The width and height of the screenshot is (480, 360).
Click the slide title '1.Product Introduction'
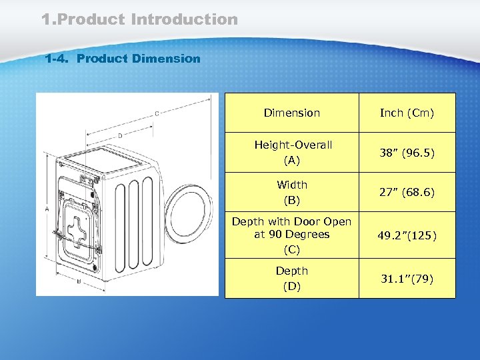pos(139,20)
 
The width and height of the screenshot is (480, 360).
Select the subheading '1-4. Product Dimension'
pos(122,59)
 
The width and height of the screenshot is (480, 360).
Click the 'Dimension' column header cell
pos(292,113)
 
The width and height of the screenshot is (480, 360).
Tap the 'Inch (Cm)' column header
pos(407,113)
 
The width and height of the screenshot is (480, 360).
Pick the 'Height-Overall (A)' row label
pos(292,153)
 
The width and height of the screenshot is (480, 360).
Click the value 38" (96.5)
pos(407,153)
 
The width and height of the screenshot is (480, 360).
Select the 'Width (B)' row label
pos(292,192)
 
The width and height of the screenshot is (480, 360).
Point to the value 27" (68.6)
pos(407,192)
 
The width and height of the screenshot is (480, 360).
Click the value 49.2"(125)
pos(407,236)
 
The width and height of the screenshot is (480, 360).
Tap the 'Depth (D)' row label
pos(292,279)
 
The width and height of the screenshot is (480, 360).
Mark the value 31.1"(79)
pos(407,278)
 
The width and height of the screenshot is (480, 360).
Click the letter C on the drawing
pos(157,114)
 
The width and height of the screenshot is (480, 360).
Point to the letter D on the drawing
pos(120,136)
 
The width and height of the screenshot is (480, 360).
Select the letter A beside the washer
pos(47,209)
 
